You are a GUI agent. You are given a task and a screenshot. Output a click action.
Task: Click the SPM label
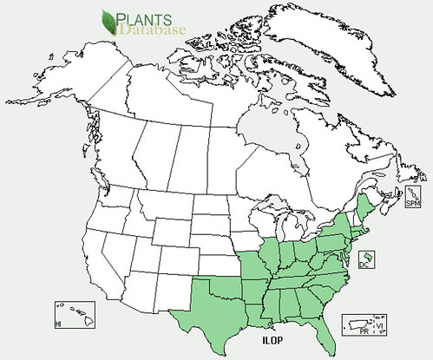[x=413, y=203]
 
